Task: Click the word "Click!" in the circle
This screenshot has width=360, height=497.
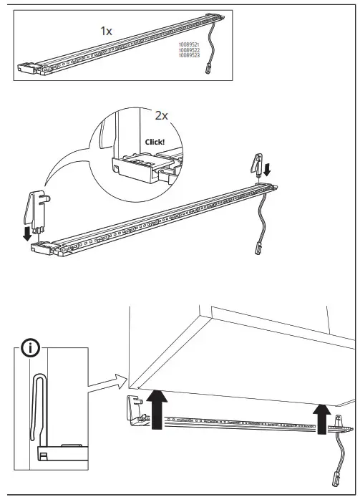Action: pyautogui.click(x=155, y=142)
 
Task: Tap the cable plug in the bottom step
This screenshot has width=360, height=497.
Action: pyautogui.click(x=334, y=478)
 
